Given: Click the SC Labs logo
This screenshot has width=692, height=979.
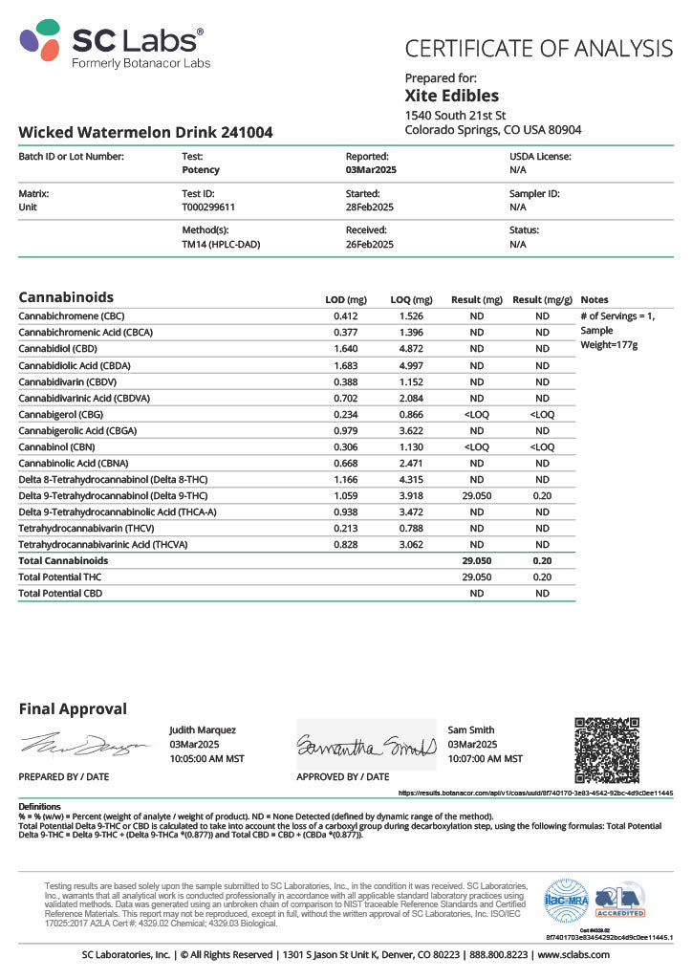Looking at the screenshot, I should tap(112, 45).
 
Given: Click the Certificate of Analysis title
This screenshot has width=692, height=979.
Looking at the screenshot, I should tap(539, 48).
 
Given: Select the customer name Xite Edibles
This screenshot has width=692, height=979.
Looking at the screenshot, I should tap(451, 96).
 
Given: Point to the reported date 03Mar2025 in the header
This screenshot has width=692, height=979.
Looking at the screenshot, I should tap(371, 169).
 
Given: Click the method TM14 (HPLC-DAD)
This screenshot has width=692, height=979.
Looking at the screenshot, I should tap(221, 244).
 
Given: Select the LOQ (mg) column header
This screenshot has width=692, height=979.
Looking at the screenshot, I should tap(411, 299).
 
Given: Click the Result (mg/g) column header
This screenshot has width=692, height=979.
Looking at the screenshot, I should tap(542, 299).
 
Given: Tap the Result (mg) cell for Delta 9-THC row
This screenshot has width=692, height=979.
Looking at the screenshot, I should tap(476, 495).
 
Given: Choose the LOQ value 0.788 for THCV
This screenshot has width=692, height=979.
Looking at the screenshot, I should tap(411, 528).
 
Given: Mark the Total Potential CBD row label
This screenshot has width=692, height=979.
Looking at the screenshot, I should tap(60, 593).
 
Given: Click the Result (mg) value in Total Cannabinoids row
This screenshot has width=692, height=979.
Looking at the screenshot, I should tap(476, 560).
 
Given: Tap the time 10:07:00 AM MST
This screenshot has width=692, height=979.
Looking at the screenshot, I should tap(485, 758).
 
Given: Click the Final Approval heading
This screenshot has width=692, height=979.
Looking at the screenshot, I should tap(73, 708).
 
